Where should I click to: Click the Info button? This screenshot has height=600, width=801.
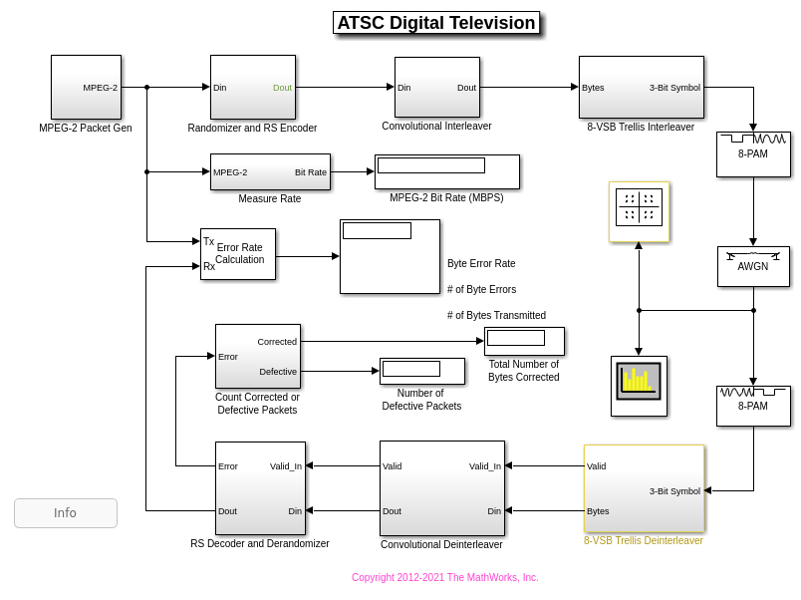pyautogui.click(x=66, y=512)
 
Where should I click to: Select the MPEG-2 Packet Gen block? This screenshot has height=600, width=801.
pyautogui.click(x=86, y=87)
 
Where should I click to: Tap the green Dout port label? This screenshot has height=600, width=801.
pyautogui.click(x=282, y=88)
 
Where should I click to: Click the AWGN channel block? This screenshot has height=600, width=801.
pyautogui.click(x=753, y=267)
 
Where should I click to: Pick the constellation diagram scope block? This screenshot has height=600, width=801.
pyautogui.click(x=639, y=211)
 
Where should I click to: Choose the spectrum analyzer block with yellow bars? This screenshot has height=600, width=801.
pyautogui.click(x=639, y=387)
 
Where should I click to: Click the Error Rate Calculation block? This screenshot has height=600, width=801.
pyautogui.click(x=238, y=254)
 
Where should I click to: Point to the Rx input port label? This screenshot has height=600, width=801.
pyautogui.click(x=209, y=266)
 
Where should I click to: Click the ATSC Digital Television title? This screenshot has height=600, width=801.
pyautogui.click(x=436, y=23)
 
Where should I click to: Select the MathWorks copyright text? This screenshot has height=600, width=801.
pyautogui.click(x=444, y=577)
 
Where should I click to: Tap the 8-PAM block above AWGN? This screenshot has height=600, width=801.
pyautogui.click(x=753, y=154)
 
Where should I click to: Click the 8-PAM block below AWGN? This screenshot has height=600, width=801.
pyautogui.click(x=753, y=406)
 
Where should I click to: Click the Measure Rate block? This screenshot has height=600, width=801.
pyautogui.click(x=270, y=171)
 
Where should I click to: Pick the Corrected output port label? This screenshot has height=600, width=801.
pyautogui.click(x=277, y=342)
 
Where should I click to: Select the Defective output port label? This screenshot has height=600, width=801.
pyautogui.click(x=278, y=372)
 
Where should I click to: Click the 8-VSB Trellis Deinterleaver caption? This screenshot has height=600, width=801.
pyautogui.click(x=644, y=540)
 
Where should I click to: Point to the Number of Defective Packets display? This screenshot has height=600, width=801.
pyautogui.click(x=422, y=371)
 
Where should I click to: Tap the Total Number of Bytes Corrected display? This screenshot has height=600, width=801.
pyautogui.click(x=524, y=341)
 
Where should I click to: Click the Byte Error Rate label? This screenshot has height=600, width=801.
pyautogui.click(x=481, y=263)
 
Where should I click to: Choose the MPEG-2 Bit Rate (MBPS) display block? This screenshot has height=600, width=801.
pyautogui.click(x=447, y=171)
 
